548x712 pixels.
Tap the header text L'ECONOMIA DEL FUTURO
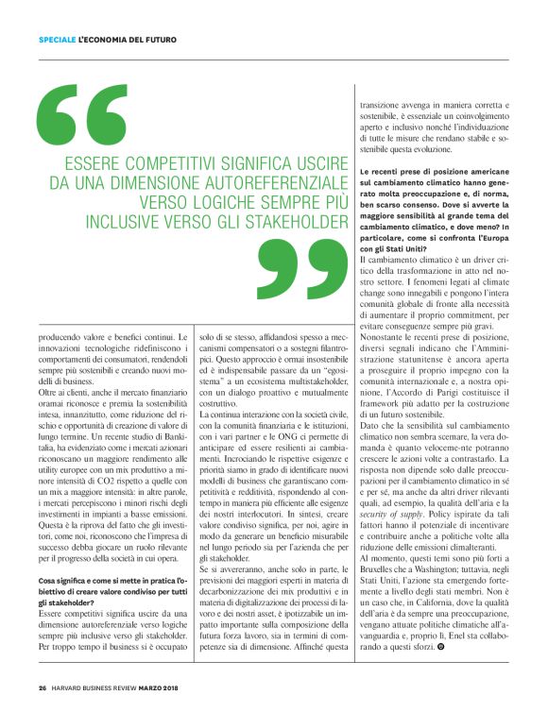point(123,39)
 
